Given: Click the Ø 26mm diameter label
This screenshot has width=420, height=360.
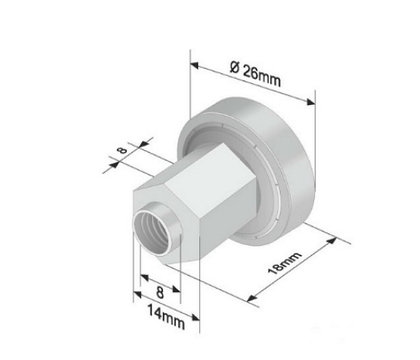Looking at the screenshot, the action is (x=255, y=74).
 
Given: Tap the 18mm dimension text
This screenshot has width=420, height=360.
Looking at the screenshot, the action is (x=285, y=263).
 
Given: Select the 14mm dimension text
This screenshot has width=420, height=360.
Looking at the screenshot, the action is (x=166, y=317).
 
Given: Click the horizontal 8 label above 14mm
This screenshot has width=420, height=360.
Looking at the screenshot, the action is (x=160, y=292).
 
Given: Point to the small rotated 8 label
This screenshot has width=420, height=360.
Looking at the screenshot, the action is (x=123, y=150).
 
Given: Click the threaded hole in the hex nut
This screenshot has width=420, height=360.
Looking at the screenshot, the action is (x=154, y=233).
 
